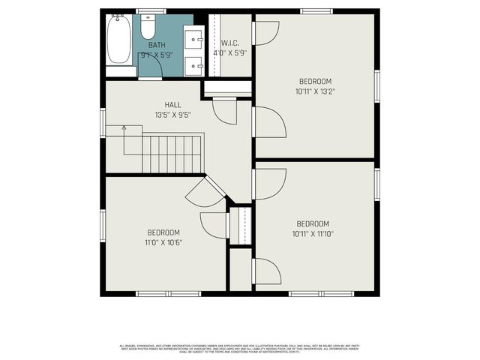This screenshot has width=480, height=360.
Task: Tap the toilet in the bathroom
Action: pyautogui.click(x=148, y=28)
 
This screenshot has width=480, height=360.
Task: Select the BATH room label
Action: pyautogui.click(x=157, y=45)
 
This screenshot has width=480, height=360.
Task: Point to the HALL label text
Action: pyautogui.click(x=172, y=105)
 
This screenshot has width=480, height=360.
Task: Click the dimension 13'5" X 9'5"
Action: pyautogui.click(x=172, y=115)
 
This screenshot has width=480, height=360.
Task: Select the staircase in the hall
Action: pyautogui.click(x=172, y=153)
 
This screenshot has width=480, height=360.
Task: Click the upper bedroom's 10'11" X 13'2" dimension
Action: pyautogui.click(x=315, y=92)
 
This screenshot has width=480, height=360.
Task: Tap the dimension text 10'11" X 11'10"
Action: pyautogui.click(x=313, y=234)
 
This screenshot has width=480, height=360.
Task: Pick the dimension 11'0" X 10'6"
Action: pyautogui.click(x=163, y=242)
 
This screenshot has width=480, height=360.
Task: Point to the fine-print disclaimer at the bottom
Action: pyautogui.click(x=240, y=348)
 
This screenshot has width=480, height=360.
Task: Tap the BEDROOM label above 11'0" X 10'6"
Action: pyautogui.click(x=163, y=232)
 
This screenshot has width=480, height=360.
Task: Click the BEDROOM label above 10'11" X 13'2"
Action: pyautogui.click(x=315, y=82)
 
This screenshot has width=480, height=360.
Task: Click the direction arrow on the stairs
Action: pyautogui.click(x=125, y=129)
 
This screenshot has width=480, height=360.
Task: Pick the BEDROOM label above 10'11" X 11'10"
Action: pyautogui.click(x=313, y=223)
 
